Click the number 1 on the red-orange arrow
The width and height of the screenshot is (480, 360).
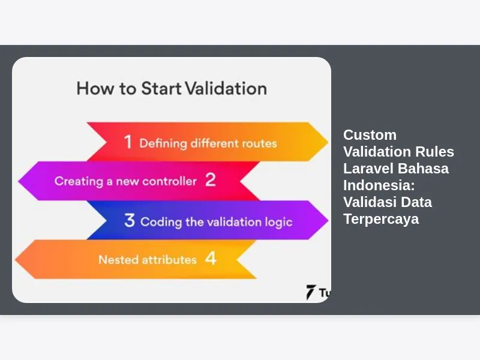pyautogui.click(x=128, y=142)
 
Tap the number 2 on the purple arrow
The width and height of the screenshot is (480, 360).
pyautogui.click(x=211, y=179)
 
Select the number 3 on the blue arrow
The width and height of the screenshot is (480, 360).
pyautogui.click(x=130, y=220)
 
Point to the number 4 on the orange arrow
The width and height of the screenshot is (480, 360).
pyautogui.click(x=211, y=258)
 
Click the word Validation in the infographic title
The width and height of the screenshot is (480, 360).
pyautogui.click(x=226, y=88)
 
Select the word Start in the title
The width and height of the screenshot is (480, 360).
pyautogui.click(x=161, y=88)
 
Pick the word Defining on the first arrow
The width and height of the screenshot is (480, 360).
pyautogui.click(x=163, y=143)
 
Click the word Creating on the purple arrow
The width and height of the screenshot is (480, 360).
pyautogui.click(x=79, y=181)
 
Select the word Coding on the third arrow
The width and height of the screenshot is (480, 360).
pyautogui.click(x=161, y=222)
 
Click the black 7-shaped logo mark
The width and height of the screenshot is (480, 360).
pyautogui.click(x=310, y=292)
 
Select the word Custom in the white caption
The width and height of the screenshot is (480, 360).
pyautogui.click(x=370, y=135)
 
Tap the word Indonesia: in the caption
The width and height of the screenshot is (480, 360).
pyautogui.click(x=379, y=185)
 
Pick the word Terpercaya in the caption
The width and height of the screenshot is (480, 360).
pyautogui.click(x=381, y=219)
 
